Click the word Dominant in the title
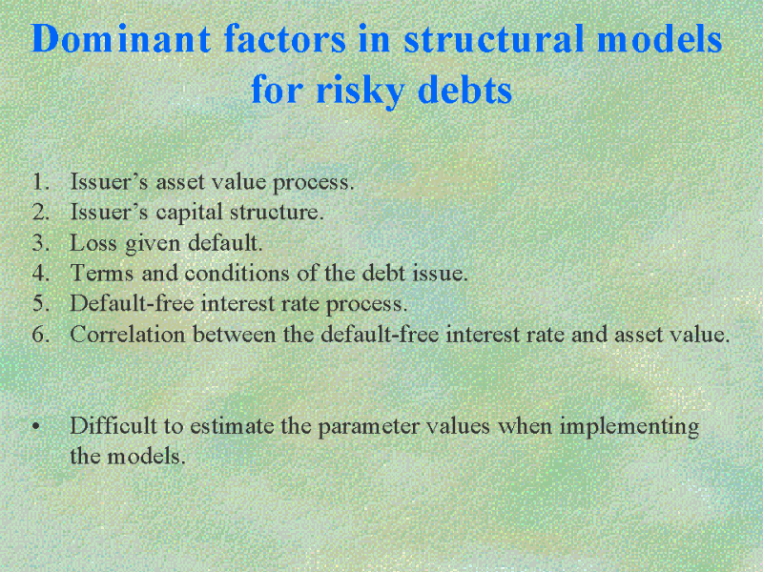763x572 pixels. click(121, 38)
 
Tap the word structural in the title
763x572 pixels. click(494, 38)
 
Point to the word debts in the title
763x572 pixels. click(464, 89)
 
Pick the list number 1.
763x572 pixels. click(41, 181)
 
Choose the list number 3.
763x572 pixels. click(41, 242)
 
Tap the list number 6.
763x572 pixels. click(41, 335)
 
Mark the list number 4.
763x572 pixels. click(41, 273)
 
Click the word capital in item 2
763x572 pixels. click(189, 213)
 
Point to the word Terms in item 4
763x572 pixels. click(102, 273)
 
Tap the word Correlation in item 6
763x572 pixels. click(128, 335)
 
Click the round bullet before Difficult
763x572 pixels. click(35, 427)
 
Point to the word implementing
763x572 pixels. click(629, 427)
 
